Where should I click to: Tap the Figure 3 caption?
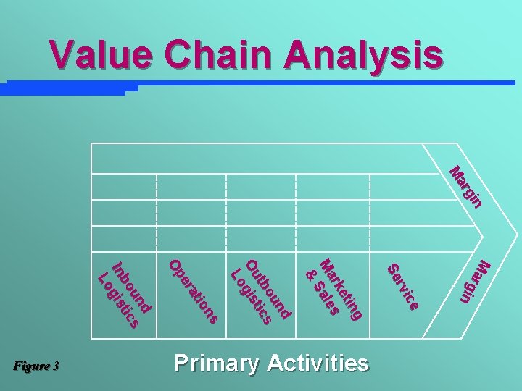[x=36, y=366]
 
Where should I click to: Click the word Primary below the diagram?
[x=215, y=363]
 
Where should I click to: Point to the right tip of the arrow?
[x=518, y=237]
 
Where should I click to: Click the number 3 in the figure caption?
[x=56, y=366]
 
